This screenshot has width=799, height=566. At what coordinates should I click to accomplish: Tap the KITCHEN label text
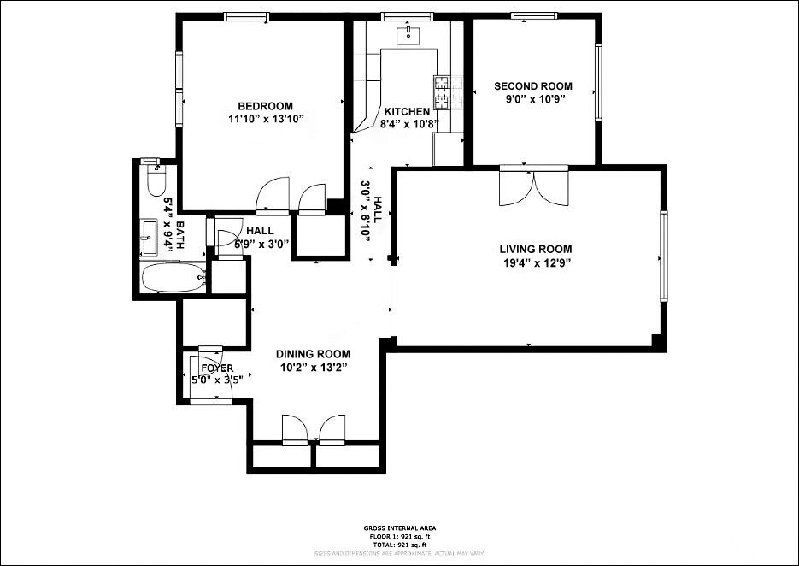[407, 112]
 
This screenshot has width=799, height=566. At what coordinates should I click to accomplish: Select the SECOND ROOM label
[533, 86]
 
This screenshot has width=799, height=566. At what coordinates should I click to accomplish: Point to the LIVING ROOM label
[535, 250]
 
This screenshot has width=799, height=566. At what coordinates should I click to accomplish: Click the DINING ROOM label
[313, 354]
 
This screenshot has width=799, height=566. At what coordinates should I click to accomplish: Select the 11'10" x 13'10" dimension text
[266, 119]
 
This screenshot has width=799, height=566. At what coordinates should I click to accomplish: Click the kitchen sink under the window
[409, 34]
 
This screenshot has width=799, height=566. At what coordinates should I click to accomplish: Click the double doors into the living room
[533, 187]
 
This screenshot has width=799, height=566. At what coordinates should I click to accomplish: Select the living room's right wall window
[664, 256]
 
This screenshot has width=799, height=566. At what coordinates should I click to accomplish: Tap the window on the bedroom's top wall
[247, 16]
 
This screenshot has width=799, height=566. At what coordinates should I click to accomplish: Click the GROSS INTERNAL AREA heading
[399, 529]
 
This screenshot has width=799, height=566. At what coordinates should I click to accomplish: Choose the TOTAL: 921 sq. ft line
[399, 545]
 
